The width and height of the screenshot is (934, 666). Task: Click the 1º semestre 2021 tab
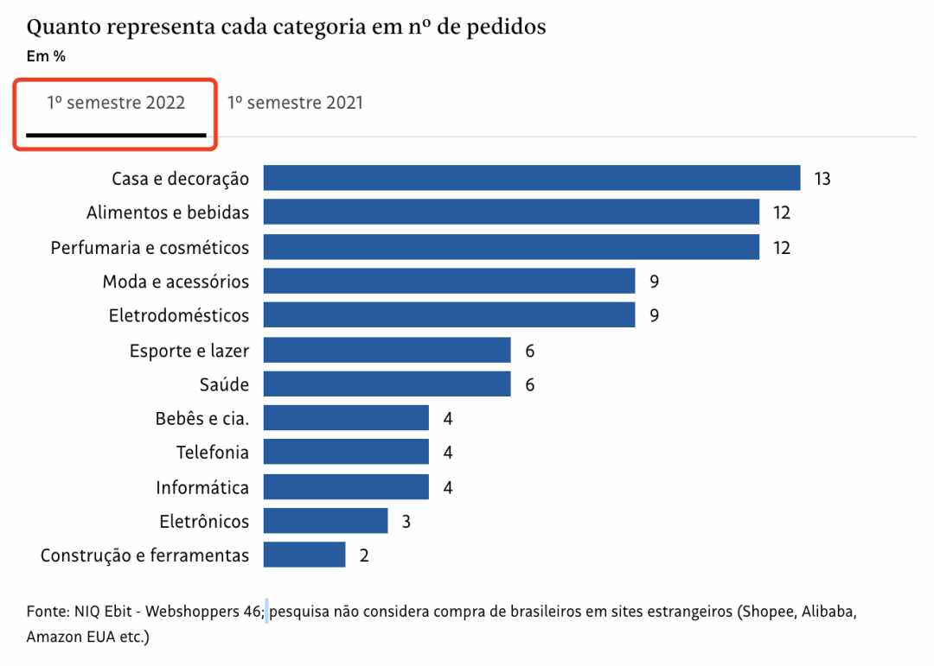tap(295, 103)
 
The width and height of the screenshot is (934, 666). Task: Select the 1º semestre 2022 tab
tap(116, 103)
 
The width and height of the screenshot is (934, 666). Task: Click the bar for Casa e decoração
tap(531, 178)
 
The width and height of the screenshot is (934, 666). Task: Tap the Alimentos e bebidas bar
tap(511, 212)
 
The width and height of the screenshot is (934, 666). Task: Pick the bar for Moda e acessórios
tap(449, 281)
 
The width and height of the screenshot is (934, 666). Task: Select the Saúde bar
tap(387, 384)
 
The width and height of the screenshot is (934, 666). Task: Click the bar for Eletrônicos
tap(325, 521)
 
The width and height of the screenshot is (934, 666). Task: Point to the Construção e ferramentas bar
tap(304, 555)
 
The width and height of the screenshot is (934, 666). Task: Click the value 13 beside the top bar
tap(822, 179)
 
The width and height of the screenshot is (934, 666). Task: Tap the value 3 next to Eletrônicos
tap(406, 522)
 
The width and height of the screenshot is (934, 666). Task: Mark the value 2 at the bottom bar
tap(364, 555)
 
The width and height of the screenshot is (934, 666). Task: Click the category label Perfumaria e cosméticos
tap(150, 248)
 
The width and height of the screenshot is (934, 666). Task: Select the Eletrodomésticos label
tap(179, 315)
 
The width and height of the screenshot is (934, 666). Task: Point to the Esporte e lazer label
tap(189, 351)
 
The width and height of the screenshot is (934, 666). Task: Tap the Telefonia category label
tap(213, 453)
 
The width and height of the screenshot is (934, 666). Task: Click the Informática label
tap(202, 487)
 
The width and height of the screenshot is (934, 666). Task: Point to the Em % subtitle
tap(46, 57)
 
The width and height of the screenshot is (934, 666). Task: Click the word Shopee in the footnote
tap(768, 612)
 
